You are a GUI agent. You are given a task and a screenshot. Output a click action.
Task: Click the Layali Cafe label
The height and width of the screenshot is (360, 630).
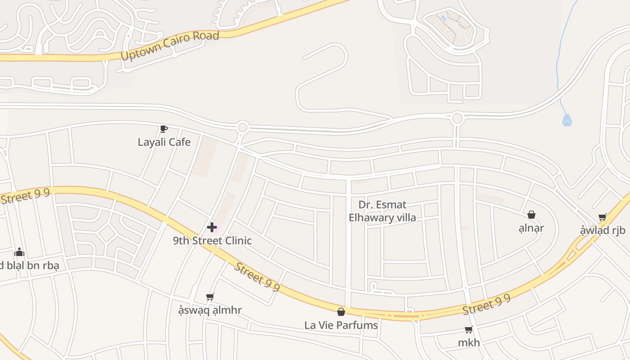(164, 142)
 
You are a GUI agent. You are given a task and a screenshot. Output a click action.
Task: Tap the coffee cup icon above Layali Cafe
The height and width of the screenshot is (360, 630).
(164, 129)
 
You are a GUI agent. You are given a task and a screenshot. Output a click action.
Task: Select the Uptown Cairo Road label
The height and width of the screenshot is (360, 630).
(170, 46)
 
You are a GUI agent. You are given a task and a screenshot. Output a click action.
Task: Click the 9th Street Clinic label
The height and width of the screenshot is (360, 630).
(212, 241)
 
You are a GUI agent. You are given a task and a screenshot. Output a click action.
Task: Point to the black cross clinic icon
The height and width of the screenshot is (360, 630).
(212, 227)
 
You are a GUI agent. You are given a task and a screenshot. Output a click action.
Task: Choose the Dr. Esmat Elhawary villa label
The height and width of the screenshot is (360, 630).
(382, 211)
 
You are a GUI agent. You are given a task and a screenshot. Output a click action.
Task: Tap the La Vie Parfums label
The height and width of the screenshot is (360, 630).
(341, 325)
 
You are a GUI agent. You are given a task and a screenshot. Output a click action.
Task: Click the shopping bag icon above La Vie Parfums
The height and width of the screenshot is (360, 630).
(341, 312)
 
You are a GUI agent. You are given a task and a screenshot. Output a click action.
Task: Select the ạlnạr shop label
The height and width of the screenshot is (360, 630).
(531, 228)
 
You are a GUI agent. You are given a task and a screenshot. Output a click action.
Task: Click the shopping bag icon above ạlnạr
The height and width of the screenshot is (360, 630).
(531, 215)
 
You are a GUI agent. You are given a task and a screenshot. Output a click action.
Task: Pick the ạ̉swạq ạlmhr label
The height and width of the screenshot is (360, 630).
(210, 310)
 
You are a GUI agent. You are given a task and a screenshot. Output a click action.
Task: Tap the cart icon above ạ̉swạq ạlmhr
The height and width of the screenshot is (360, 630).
(210, 297)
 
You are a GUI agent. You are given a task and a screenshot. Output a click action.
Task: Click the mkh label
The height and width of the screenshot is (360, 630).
(469, 343)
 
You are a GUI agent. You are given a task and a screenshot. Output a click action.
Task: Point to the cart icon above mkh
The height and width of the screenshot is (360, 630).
(468, 330)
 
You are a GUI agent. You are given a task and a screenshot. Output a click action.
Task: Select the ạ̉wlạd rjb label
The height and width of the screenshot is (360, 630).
(603, 231)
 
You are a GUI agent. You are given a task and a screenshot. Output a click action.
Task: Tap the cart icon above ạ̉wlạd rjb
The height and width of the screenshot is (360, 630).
(603, 218)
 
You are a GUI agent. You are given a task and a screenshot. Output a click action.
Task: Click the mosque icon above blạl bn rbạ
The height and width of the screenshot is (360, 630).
(19, 252)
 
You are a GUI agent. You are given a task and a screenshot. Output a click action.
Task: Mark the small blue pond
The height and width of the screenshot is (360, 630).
(567, 120)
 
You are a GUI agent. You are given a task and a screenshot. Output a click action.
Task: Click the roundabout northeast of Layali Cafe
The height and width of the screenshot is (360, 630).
(243, 127)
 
